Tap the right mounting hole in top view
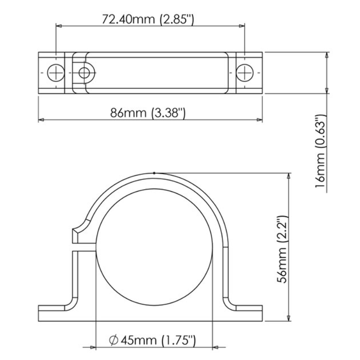(244, 72)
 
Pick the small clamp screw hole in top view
(85, 73)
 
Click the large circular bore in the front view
(154, 246)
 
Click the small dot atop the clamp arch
(153, 172)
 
